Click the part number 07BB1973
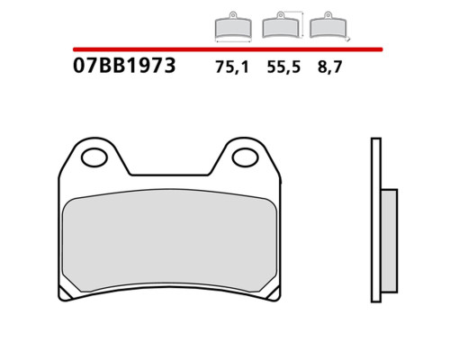tap(124, 66)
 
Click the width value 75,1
tap(232, 67)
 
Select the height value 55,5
tap(283, 67)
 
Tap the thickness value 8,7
tap(329, 67)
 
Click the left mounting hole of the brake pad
tap(94, 158)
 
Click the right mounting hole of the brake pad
tap(245, 158)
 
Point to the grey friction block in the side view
tap(389, 241)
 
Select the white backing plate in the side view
tap(376, 220)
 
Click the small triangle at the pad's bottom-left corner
tap(64, 294)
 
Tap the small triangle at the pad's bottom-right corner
tap(274, 293)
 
